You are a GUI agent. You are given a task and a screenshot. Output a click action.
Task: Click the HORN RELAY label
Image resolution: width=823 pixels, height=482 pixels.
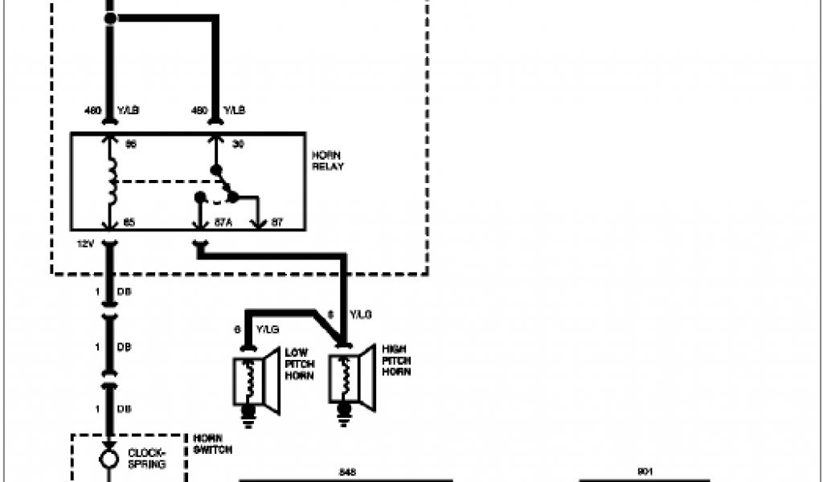(x=328, y=161)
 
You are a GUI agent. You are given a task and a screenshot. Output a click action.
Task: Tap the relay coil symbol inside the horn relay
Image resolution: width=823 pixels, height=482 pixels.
(x=112, y=182)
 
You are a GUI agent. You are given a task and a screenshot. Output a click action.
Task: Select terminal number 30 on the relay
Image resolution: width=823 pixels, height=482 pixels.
(x=237, y=145)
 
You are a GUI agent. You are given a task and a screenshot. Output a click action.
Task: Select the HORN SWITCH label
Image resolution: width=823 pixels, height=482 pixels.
(x=213, y=444)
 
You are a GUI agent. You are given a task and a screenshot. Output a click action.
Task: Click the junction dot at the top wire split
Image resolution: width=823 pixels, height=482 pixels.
(x=111, y=18)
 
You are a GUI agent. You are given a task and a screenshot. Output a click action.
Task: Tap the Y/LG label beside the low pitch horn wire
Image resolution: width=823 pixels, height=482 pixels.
(x=268, y=330)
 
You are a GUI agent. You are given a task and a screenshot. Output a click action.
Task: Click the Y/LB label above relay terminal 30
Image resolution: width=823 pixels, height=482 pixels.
(x=235, y=110)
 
